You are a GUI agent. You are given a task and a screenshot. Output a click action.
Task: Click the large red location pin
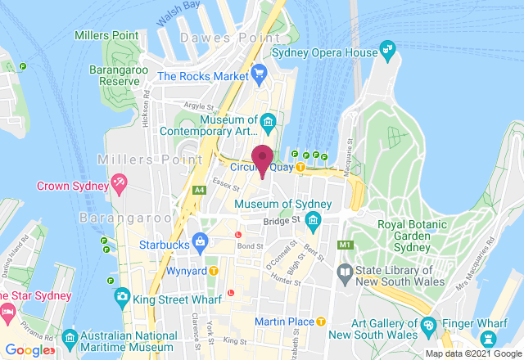tap(263, 157)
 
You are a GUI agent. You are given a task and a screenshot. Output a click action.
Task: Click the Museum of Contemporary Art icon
tap(269, 124)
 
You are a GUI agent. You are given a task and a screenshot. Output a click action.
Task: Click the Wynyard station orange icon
tap(214, 271)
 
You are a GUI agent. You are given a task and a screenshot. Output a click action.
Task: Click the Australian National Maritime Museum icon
tap(70, 337)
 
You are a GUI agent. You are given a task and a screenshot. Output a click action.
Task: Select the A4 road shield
tap(199, 190)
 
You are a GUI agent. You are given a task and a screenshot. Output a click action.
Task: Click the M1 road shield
tap(345, 245)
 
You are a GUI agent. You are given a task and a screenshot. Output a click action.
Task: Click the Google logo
tap(27, 350)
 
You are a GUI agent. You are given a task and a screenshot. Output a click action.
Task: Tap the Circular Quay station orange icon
tap(300, 167)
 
